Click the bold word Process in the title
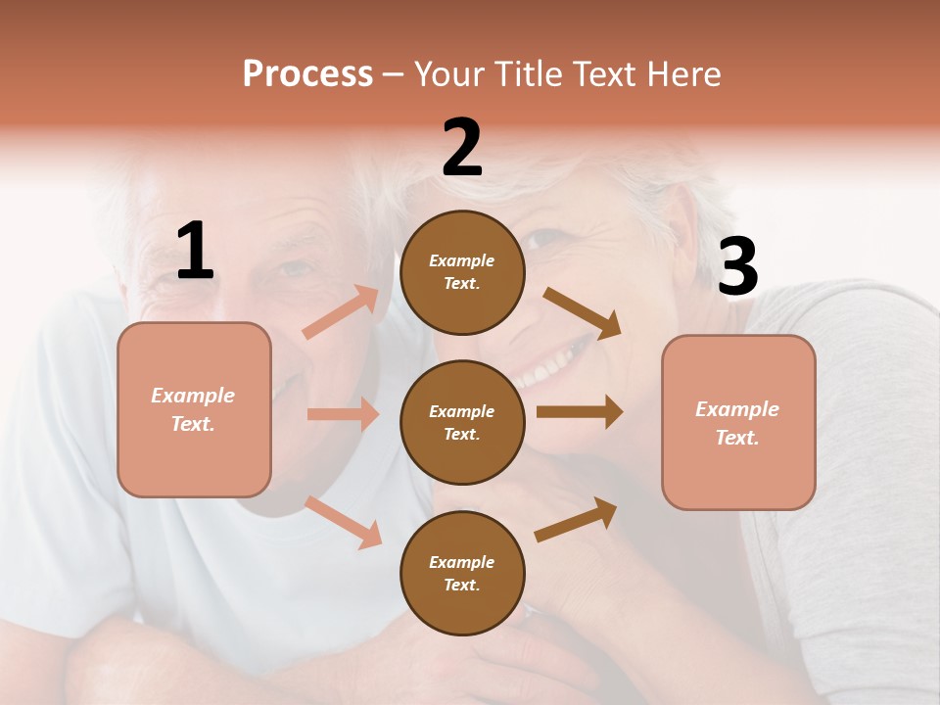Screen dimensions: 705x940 click(x=307, y=73)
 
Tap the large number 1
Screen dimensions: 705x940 click(x=195, y=252)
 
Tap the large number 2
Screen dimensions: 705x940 click(x=462, y=148)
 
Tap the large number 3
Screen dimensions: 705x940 click(x=737, y=267)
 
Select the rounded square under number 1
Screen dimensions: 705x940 click(x=194, y=409)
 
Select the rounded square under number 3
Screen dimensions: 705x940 click(x=738, y=422)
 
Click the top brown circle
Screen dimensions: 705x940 click(x=462, y=272)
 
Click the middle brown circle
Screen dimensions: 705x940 click(x=462, y=422)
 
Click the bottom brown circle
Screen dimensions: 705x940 click(x=462, y=573)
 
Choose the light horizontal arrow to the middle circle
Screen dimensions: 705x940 click(x=343, y=414)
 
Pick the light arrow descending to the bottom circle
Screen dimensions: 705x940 click(x=344, y=522)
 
